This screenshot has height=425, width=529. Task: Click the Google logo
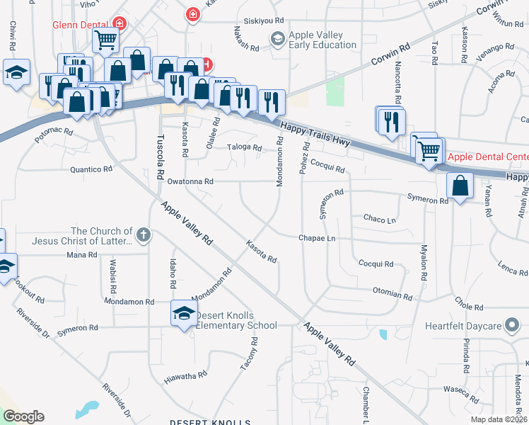[x=23, y=416]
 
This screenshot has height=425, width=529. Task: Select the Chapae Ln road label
[x=316, y=239]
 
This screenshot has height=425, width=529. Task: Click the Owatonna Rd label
[x=190, y=182]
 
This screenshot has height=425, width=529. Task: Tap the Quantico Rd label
[x=91, y=169]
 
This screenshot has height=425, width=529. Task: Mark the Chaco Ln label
[x=380, y=220]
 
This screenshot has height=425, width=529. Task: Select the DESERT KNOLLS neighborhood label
[x=211, y=422]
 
